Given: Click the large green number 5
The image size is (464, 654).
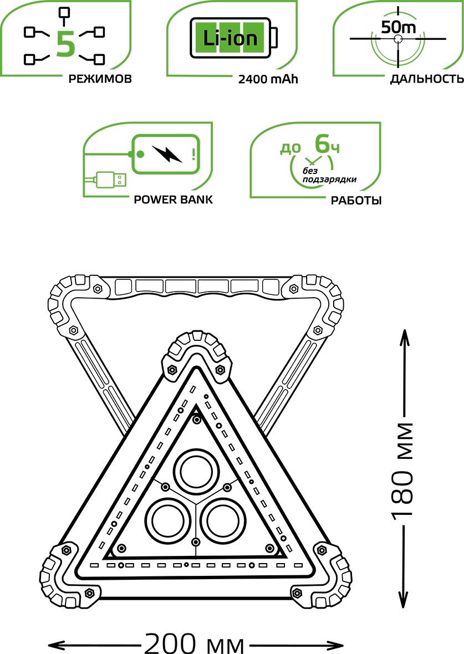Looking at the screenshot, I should [x=65, y=44].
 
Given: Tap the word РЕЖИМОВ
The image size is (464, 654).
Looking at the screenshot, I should [x=100, y=79].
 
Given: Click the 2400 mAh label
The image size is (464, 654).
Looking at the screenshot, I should [x=268, y=79].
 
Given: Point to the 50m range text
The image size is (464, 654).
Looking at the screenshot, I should [x=397, y=27].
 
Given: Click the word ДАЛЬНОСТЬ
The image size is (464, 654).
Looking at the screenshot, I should [x=426, y=79].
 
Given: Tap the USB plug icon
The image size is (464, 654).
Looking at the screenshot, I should [x=110, y=180].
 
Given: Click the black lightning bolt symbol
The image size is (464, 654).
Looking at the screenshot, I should [x=167, y=154].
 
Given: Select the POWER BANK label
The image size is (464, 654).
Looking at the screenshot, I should [x=173, y=200].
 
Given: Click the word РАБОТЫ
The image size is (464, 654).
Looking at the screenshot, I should [x=356, y=200].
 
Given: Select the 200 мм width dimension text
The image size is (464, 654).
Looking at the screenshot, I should [x=195, y=645].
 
